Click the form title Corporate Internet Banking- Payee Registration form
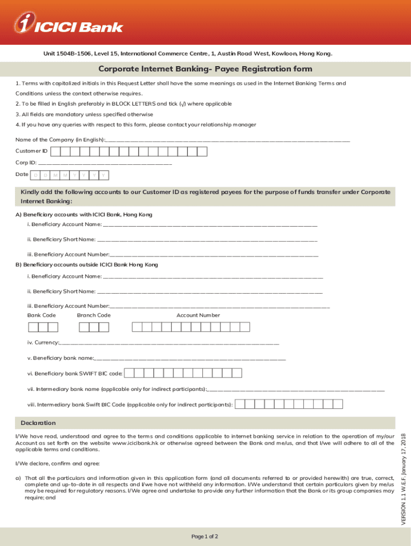[205, 69]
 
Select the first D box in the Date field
[36, 175]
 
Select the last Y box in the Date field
[104, 175]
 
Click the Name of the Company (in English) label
[60, 140]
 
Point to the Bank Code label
[42, 315]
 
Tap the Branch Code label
[94, 315]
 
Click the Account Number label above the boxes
[198, 315]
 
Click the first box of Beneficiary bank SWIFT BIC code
[130, 373]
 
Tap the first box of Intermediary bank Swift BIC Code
[240, 405]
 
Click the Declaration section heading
[38, 423]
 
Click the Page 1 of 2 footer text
[205, 536]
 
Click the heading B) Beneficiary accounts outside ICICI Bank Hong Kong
[86, 264]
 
